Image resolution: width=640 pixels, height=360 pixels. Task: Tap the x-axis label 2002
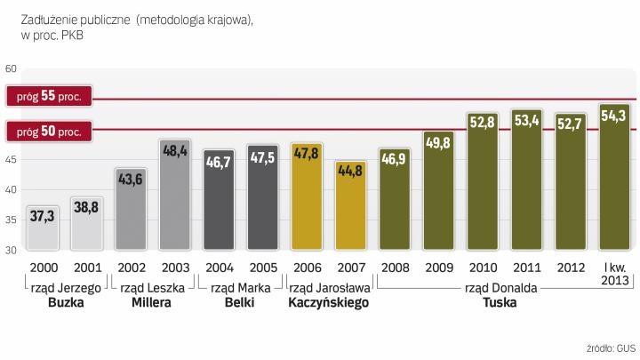click(x=132, y=268)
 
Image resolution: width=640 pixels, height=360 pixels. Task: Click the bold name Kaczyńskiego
click(x=329, y=302)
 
